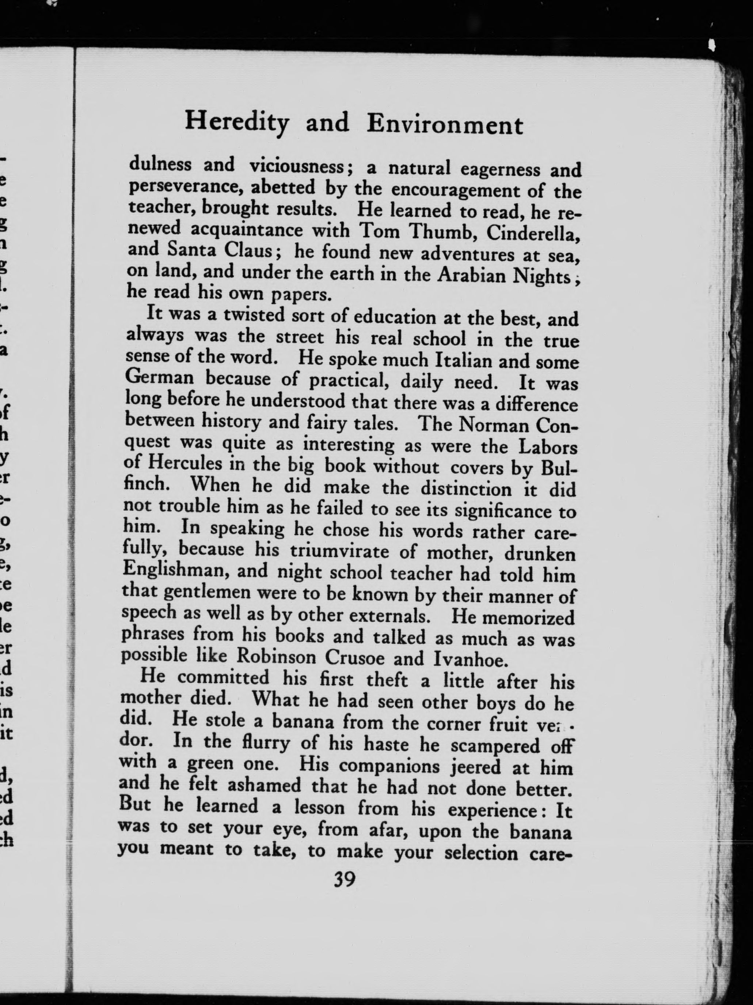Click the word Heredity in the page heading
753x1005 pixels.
(x=237, y=123)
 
